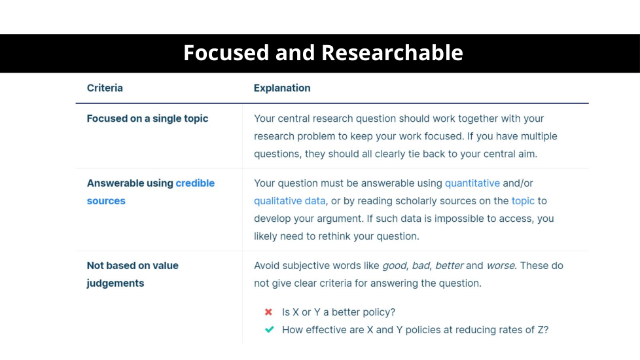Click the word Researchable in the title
pyautogui.click(x=392, y=52)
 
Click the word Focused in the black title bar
pyautogui.click(x=226, y=52)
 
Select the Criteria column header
pyautogui.click(x=105, y=88)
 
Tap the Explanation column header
pyautogui.click(x=282, y=88)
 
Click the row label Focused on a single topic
pyautogui.click(x=147, y=118)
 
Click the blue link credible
pyautogui.click(x=195, y=183)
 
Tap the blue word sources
pyautogui.click(x=106, y=201)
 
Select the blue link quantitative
pyautogui.click(x=472, y=183)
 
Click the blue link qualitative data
pyautogui.click(x=290, y=201)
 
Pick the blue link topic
pyautogui.click(x=523, y=201)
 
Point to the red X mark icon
pyautogui.click(x=268, y=312)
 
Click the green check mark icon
pyautogui.click(x=270, y=329)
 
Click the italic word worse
pyautogui.click(x=501, y=266)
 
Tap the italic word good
pyautogui.click(x=395, y=266)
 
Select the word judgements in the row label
pyautogui.click(x=116, y=283)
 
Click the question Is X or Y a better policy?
pyautogui.click(x=339, y=312)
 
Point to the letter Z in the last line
pyautogui.click(x=541, y=330)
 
